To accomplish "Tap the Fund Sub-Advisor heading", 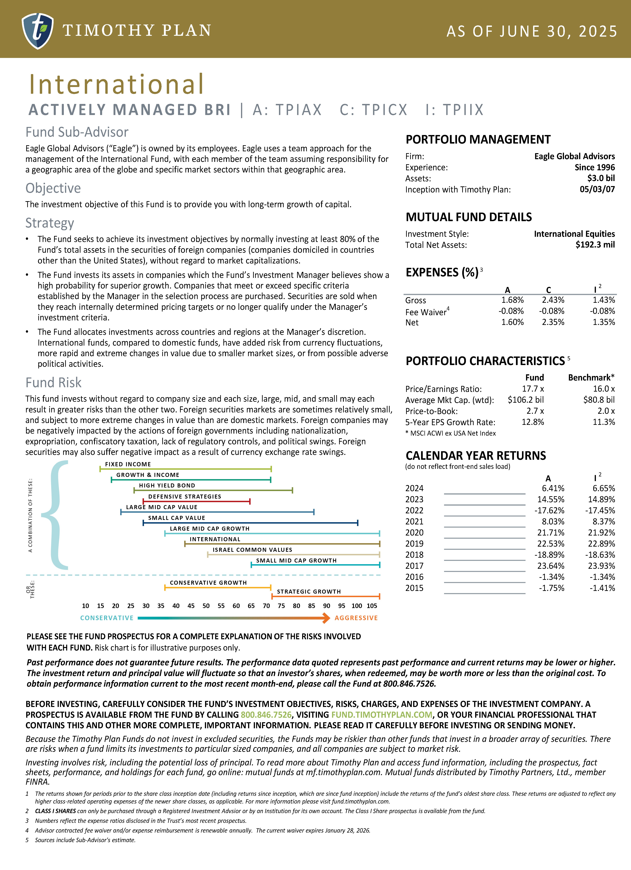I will point(77,132).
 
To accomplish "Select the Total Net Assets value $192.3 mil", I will point(595,245).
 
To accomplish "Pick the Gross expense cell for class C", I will point(553,300).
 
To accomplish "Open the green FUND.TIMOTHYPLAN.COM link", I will point(382,715).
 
